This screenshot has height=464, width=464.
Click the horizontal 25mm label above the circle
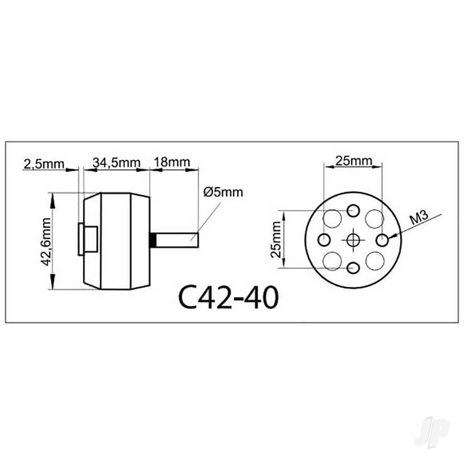coord(354,161)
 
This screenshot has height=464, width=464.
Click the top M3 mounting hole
coord(354,211)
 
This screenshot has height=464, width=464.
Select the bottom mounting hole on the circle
coord(354,268)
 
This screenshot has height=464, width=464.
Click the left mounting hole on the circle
coord(324,240)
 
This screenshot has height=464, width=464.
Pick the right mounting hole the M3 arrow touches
coord(382,240)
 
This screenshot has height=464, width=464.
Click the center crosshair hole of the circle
coord(354,239)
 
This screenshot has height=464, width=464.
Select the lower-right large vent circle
coord(374,261)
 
